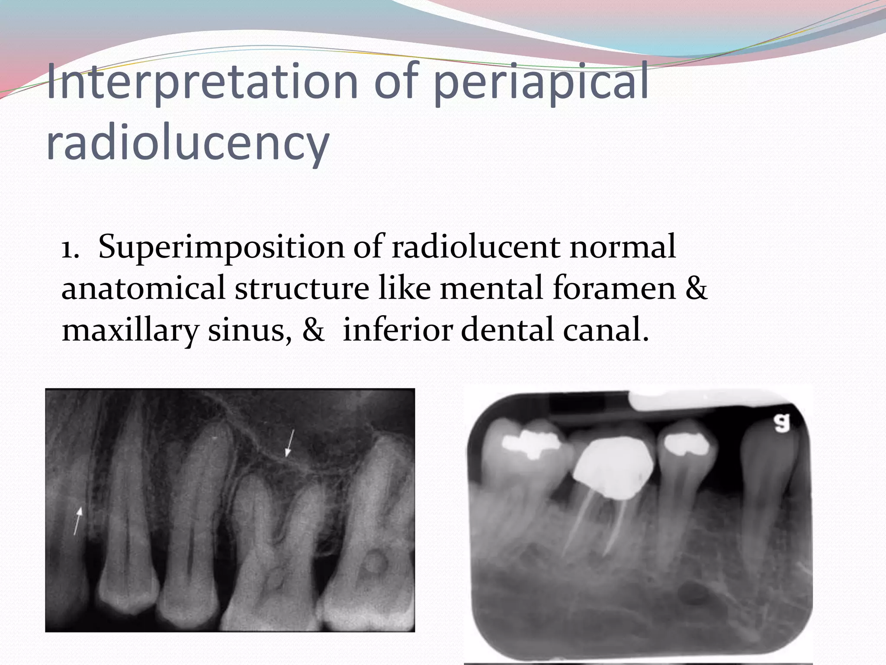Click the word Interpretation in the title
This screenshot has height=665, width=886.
[202, 82]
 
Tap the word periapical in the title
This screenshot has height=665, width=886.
[541, 82]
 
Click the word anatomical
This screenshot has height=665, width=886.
[143, 288]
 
